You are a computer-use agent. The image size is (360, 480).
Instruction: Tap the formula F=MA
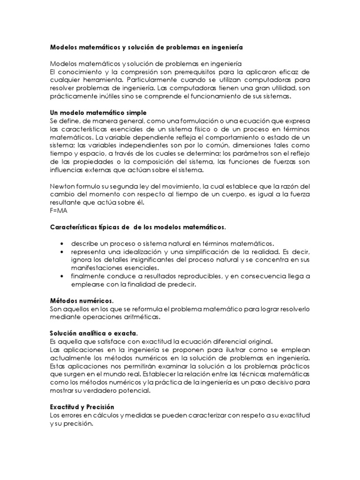coord(59,211)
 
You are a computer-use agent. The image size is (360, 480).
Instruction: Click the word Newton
coord(63,185)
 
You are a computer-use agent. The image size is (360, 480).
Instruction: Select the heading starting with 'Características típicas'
coord(138,228)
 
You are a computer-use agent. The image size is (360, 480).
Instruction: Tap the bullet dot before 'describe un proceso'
coord(62,244)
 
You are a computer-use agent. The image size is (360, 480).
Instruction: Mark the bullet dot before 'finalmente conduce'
coord(62,276)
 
